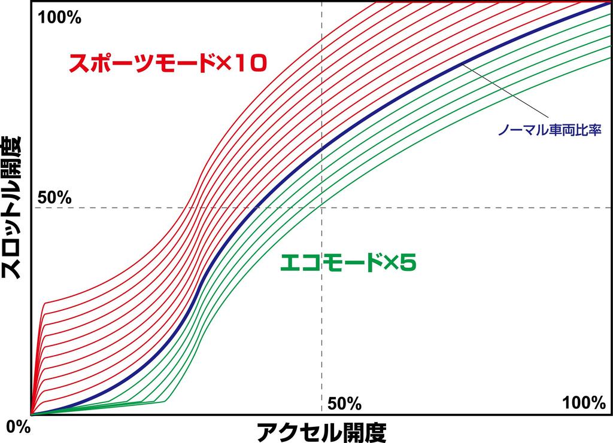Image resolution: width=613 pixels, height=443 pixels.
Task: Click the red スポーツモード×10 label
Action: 167,64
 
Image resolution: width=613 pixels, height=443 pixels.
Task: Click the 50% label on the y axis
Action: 54,197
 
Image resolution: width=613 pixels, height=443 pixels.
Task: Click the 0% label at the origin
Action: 17,427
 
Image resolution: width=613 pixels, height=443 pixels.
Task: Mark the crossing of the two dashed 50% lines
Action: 322,207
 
